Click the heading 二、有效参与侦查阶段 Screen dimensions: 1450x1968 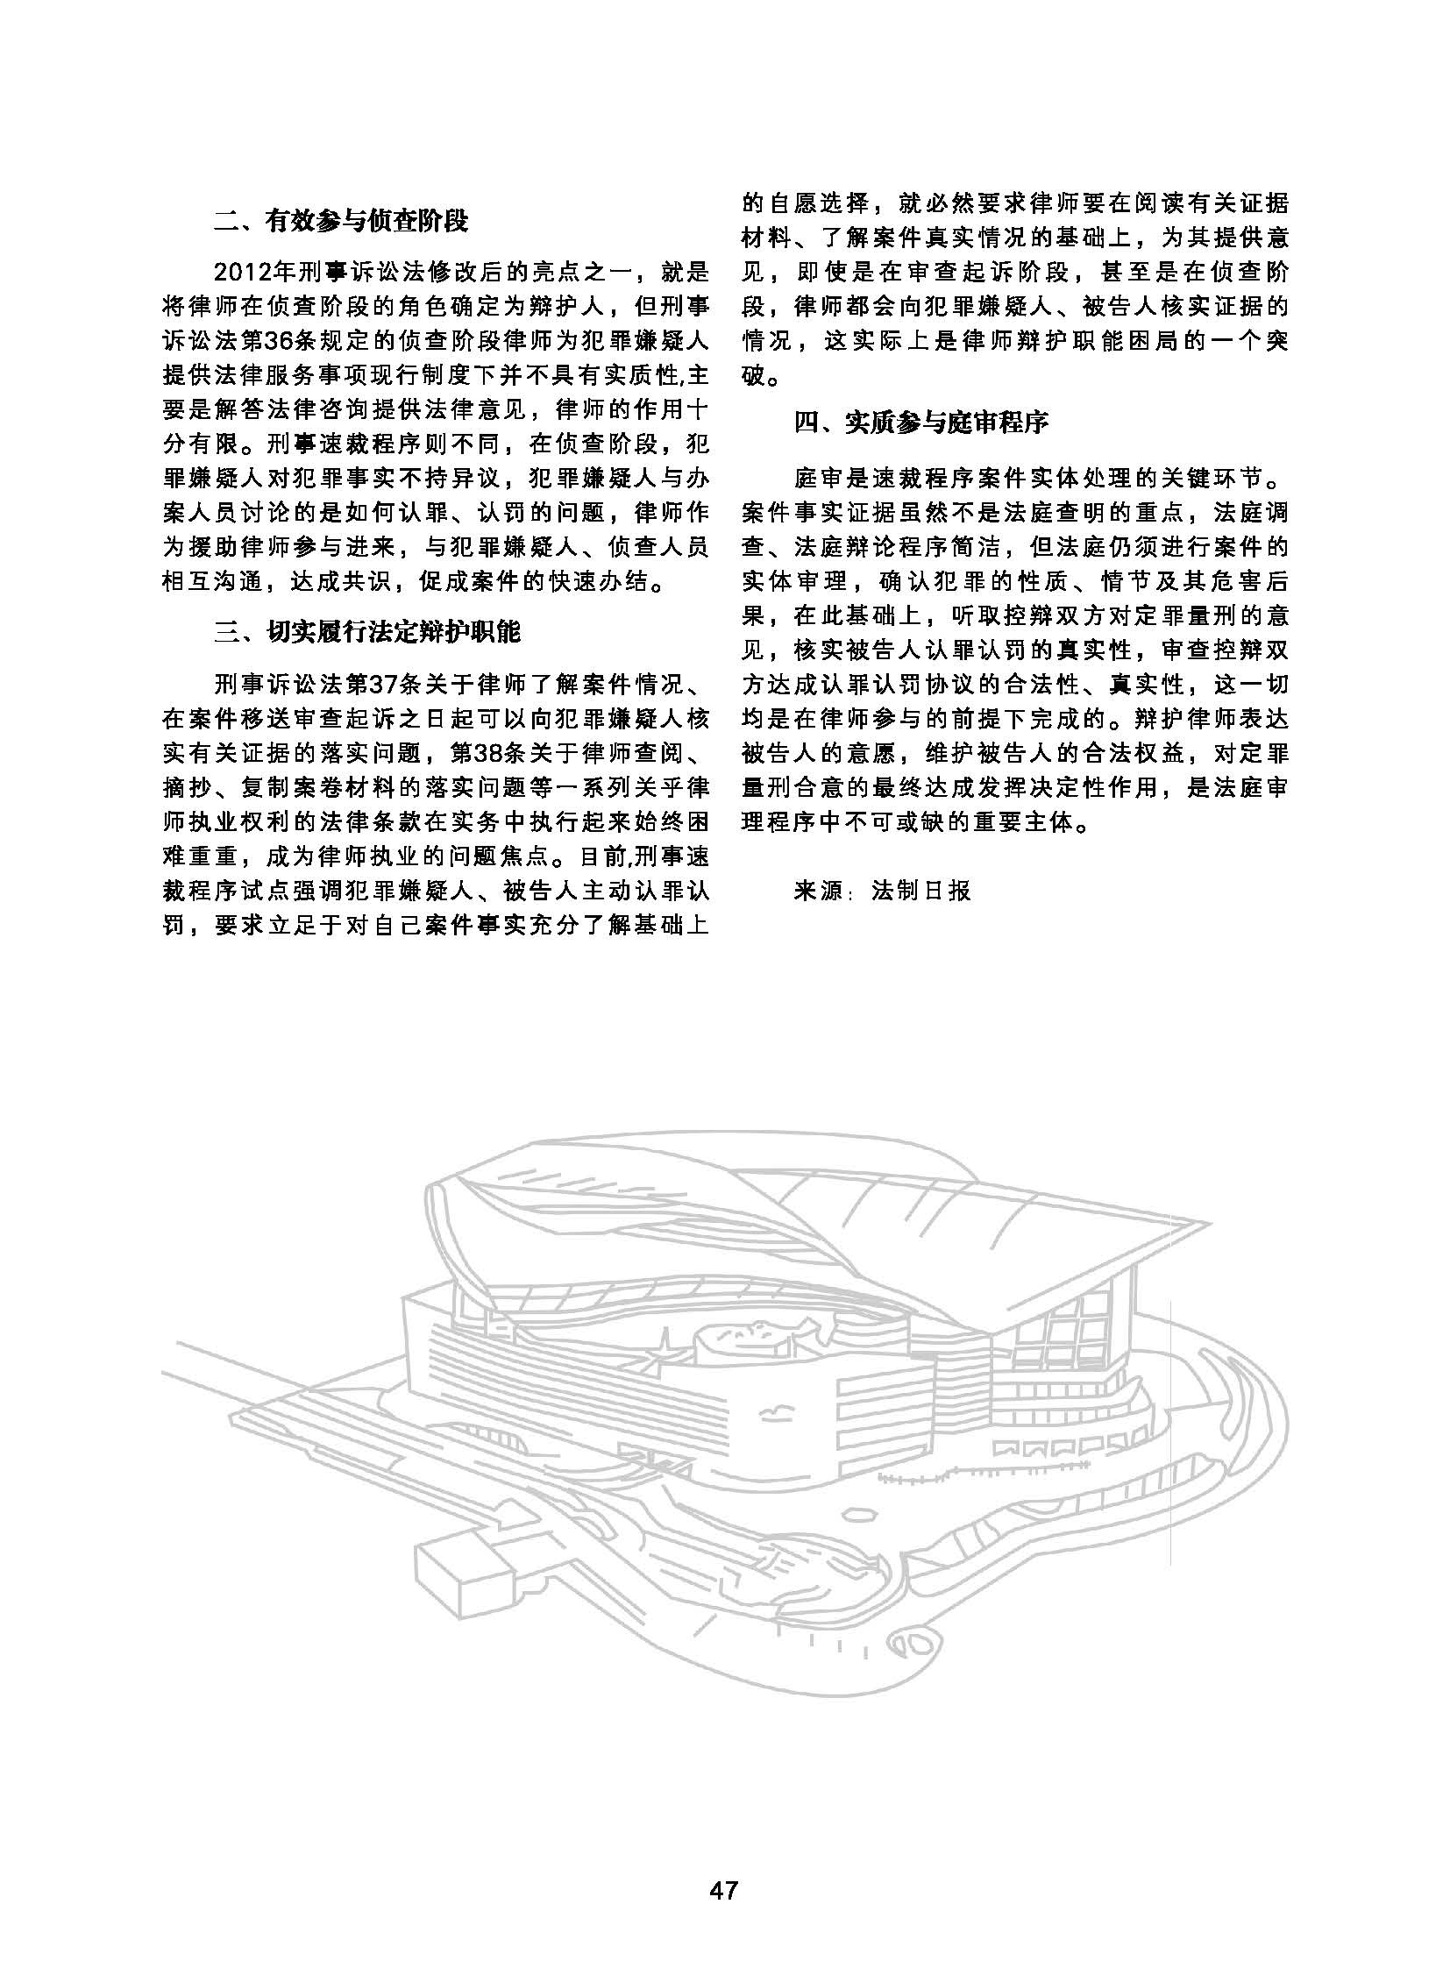coord(341,220)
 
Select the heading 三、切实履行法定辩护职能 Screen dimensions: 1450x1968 coord(367,630)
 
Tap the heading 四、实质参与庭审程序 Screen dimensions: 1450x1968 coord(920,423)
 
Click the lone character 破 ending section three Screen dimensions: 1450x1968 coord(754,380)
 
